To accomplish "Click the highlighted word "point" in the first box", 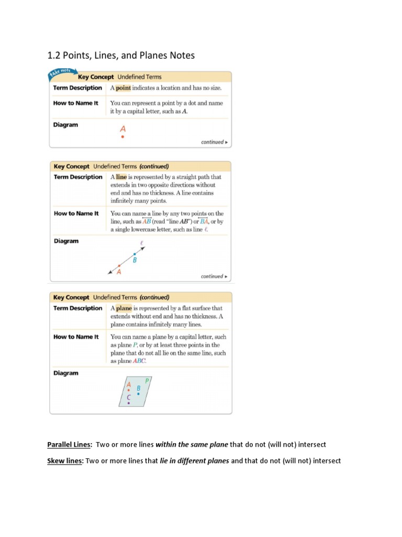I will [124, 88].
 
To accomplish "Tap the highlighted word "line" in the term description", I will [121, 177].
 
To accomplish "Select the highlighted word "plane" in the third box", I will [124, 308].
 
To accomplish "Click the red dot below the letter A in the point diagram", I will [122, 137].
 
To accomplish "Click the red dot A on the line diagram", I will [119, 265].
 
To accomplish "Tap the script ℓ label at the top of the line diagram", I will [141, 243].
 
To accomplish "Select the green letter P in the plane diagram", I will [147, 381].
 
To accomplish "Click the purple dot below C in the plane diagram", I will [129, 403].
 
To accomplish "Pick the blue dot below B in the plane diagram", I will [138, 394].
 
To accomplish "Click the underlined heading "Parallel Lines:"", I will [70, 445].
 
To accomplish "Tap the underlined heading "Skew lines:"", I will [65, 461].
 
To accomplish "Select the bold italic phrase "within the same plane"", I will [192, 445].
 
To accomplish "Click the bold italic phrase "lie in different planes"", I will [194, 461].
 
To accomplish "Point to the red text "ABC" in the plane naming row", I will [139, 361].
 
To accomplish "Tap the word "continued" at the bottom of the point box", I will [212, 142].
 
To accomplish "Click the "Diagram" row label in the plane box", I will [66, 373].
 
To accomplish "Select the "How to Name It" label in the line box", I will [76, 213].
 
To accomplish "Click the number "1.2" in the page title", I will [55, 56].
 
